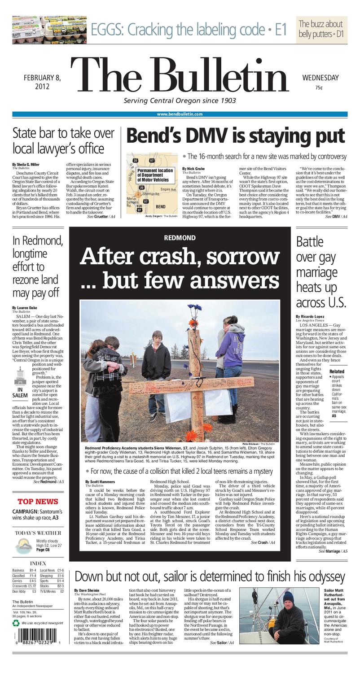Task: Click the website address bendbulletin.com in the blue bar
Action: pos(180,114)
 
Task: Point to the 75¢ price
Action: pos(319,87)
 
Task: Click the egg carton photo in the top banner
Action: pos(49,30)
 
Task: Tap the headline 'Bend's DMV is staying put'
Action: pos(236,135)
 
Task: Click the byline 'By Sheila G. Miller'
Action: pos(26,165)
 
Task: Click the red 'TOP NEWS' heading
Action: pos(38,501)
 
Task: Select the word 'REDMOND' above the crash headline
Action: pos(180,237)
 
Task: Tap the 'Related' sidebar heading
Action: pos(337,371)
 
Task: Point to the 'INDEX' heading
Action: pos(38,563)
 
